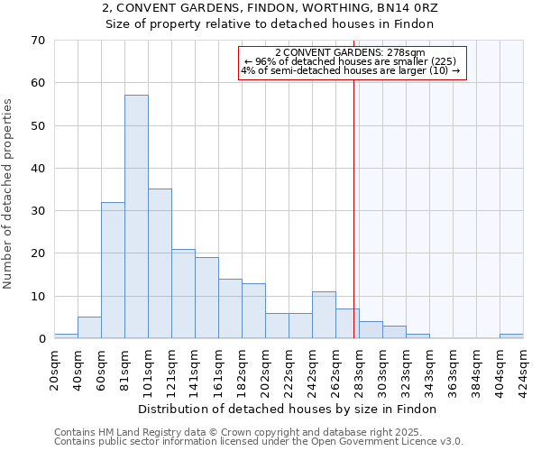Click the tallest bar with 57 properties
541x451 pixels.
point(136,216)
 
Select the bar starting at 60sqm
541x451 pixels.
point(113,271)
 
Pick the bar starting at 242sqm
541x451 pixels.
point(324,316)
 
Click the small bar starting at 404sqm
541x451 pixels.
point(511,336)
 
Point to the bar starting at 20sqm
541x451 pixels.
point(66,336)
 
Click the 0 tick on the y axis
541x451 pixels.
point(41,339)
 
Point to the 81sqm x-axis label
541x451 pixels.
point(125,368)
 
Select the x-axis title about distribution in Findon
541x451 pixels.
point(289,409)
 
